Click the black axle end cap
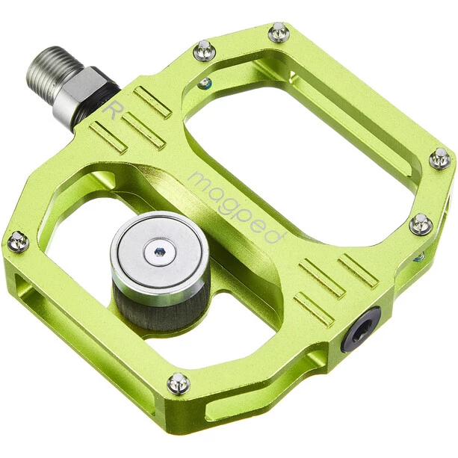pos(361,328)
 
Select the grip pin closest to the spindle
pos(203,51)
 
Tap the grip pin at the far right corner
pos(440,158)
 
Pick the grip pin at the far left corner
pos(17,241)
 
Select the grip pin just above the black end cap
pos(421,223)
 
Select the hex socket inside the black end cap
pos(359,329)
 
